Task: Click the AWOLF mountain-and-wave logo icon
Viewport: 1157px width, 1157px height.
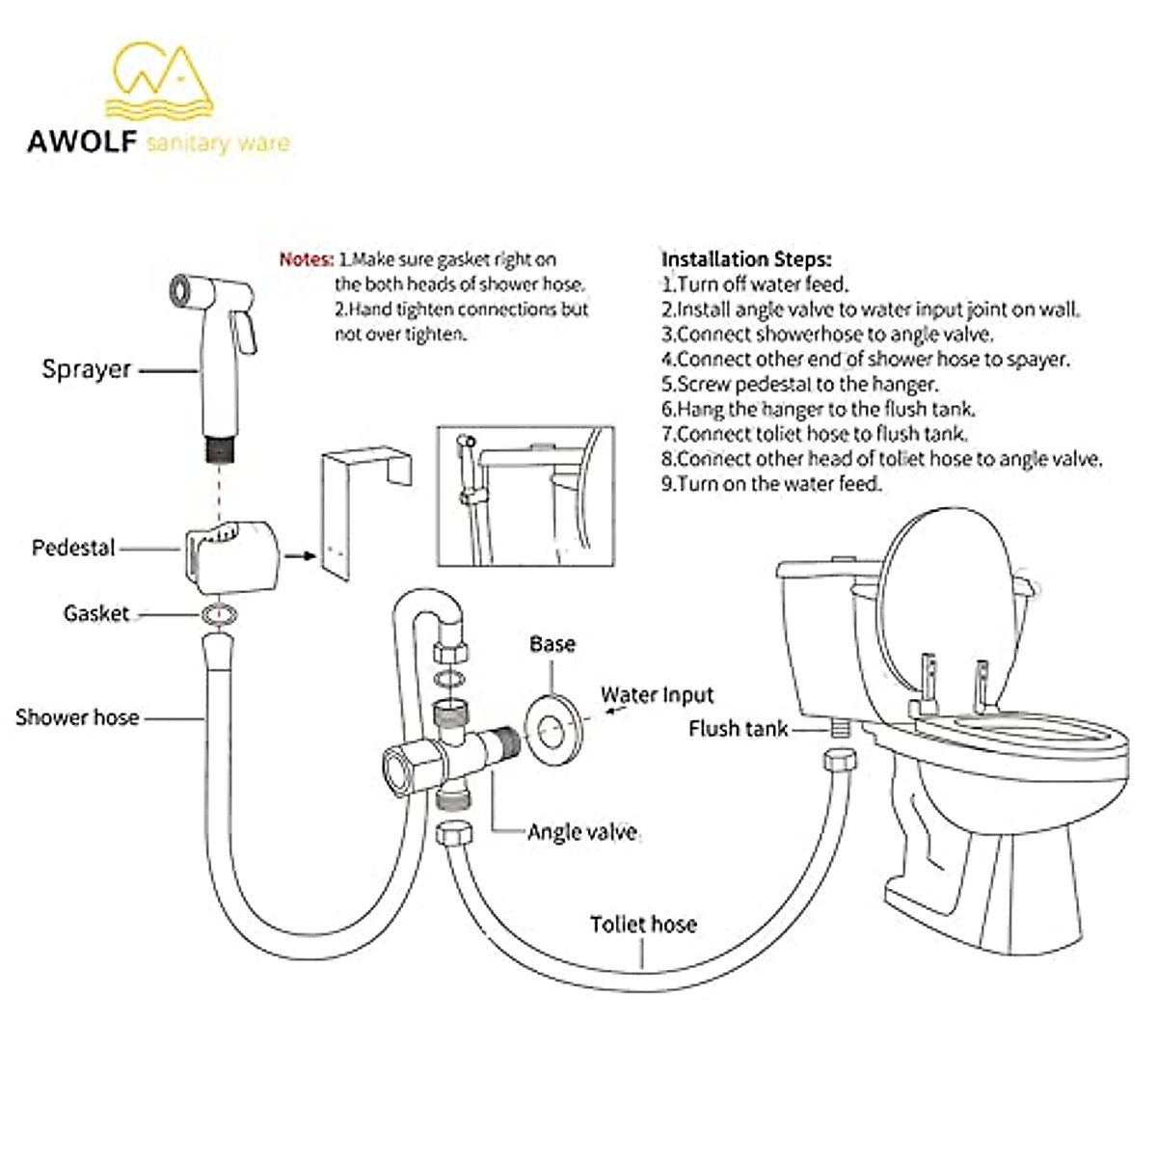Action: pyautogui.click(x=160, y=81)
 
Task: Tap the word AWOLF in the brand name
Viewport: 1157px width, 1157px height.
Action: pyautogui.click(x=82, y=142)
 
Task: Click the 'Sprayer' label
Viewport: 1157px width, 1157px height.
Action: pyautogui.click(x=86, y=369)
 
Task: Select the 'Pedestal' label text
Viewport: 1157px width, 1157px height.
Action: pyautogui.click(x=73, y=548)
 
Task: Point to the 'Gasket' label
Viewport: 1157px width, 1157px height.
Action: pyautogui.click(x=95, y=613)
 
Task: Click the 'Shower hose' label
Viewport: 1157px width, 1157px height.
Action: pyautogui.click(x=77, y=717)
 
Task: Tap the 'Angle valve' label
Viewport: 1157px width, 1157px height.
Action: pyautogui.click(x=581, y=832)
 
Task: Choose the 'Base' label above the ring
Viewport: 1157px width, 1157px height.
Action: pyautogui.click(x=552, y=644)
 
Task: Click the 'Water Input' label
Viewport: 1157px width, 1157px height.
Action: pyautogui.click(x=657, y=695)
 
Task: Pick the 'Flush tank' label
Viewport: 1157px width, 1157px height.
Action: pyautogui.click(x=738, y=729)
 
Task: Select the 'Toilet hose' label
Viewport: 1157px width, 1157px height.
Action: pyautogui.click(x=643, y=925)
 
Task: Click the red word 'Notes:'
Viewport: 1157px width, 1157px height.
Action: pyautogui.click(x=306, y=259)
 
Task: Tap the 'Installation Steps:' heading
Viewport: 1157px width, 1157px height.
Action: pyautogui.click(x=745, y=259)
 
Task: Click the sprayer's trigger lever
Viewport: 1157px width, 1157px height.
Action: pyautogui.click(x=247, y=328)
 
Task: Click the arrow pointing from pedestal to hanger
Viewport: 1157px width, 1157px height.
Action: pyautogui.click(x=302, y=555)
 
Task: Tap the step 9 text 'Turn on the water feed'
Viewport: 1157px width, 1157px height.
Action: pyautogui.click(x=771, y=484)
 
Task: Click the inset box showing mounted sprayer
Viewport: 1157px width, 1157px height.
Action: pyautogui.click(x=525, y=497)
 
